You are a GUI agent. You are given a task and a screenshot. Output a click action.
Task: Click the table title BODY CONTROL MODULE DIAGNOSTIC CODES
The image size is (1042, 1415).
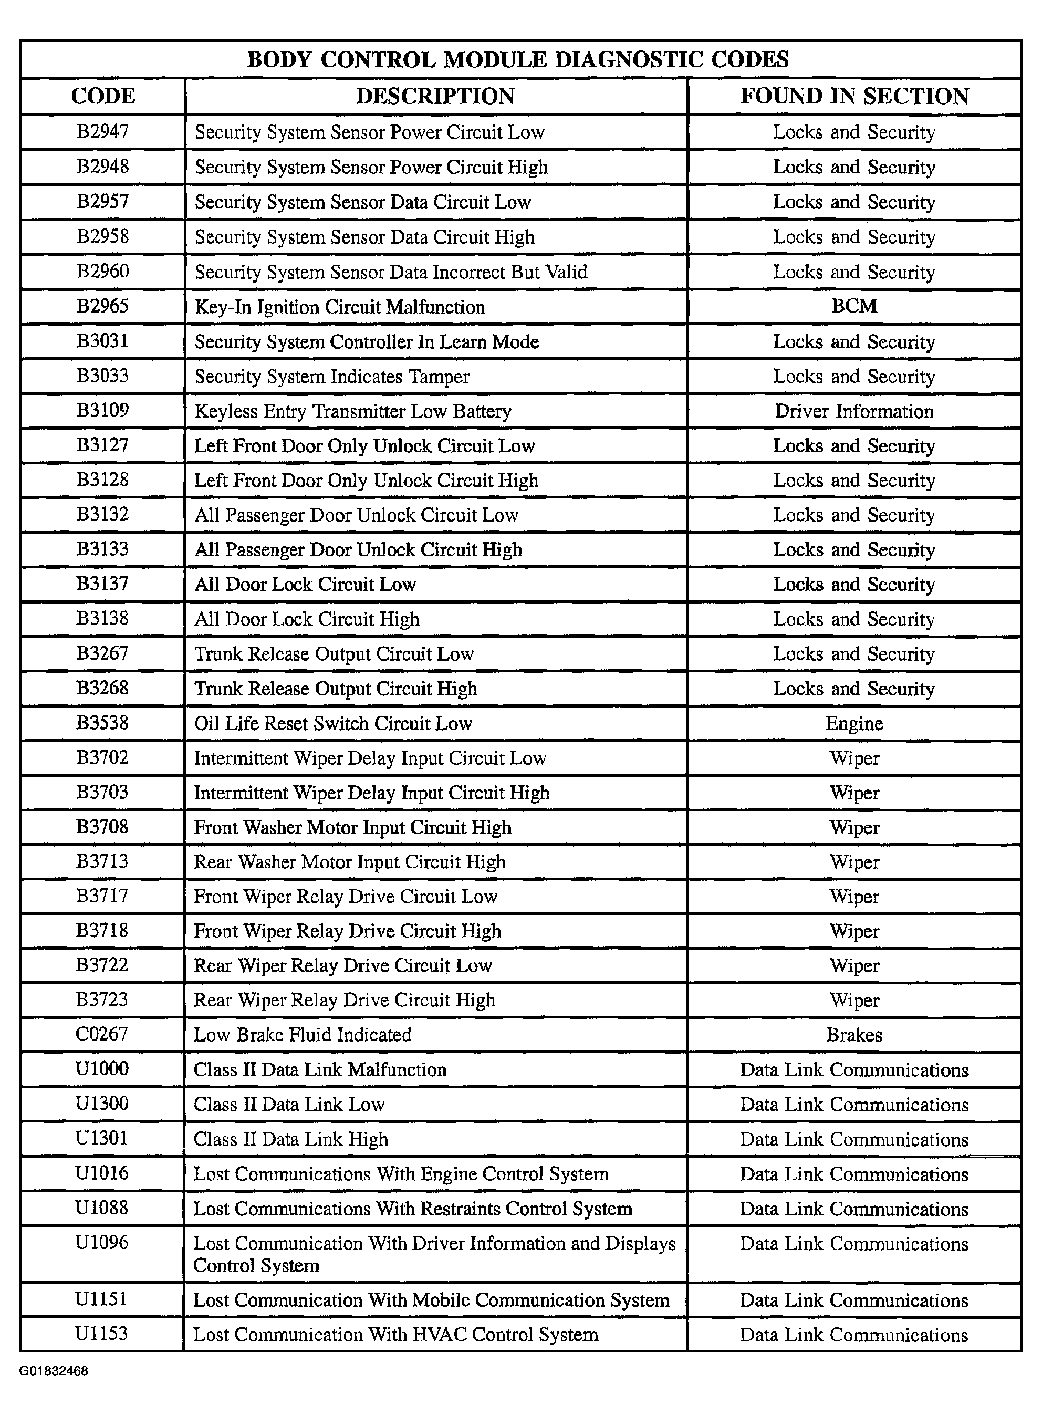point(517,59)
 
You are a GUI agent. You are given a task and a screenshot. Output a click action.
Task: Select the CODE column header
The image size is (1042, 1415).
point(103,96)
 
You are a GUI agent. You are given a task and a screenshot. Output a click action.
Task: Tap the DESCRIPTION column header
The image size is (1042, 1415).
point(435,96)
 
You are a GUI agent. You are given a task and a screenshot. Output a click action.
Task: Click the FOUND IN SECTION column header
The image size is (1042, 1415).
point(854,96)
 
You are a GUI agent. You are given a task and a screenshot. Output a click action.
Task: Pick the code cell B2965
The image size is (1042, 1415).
point(103,307)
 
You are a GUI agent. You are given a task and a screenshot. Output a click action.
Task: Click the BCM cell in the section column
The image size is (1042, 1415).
point(854,307)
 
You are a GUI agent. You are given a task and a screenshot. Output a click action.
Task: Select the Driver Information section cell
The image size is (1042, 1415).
point(854,411)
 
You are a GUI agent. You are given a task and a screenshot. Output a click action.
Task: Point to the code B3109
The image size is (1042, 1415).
point(103,411)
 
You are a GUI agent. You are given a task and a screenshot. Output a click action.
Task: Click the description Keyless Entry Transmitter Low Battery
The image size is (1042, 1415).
point(352,411)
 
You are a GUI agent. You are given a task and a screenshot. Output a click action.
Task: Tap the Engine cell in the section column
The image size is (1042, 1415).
point(854,724)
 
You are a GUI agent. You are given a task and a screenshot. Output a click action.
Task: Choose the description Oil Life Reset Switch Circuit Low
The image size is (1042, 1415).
point(333,724)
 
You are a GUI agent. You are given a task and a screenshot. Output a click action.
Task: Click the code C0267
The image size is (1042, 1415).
point(102,1035)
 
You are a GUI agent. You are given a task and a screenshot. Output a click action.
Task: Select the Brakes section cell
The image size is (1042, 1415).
point(854,1035)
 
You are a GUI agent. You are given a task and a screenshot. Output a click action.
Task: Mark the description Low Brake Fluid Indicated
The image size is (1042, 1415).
point(302,1035)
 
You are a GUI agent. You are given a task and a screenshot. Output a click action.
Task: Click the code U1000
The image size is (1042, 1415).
point(102,1069)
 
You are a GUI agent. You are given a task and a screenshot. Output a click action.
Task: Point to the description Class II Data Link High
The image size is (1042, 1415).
point(291,1139)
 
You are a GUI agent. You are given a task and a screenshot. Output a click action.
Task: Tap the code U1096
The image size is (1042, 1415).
point(102,1243)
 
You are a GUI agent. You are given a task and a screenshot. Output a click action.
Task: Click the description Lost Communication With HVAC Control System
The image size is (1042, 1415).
point(395,1335)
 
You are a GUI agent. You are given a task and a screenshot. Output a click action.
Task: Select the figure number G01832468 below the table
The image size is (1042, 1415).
point(54,1371)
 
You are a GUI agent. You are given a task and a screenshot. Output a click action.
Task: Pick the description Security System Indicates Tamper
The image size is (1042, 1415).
point(332,377)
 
